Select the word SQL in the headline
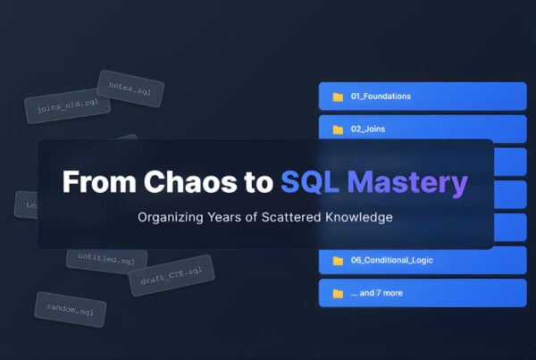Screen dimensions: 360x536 click(308, 181)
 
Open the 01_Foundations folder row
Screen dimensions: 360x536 click(422, 96)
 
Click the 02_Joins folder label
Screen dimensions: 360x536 click(368, 129)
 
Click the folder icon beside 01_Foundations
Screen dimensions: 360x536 click(338, 96)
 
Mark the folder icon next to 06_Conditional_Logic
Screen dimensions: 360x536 click(338, 261)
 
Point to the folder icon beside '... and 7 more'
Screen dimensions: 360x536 click(338, 293)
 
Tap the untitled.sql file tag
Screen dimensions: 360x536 click(106, 257)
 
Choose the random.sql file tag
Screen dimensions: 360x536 click(71, 308)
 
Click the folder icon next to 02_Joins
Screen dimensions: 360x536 click(338, 129)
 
